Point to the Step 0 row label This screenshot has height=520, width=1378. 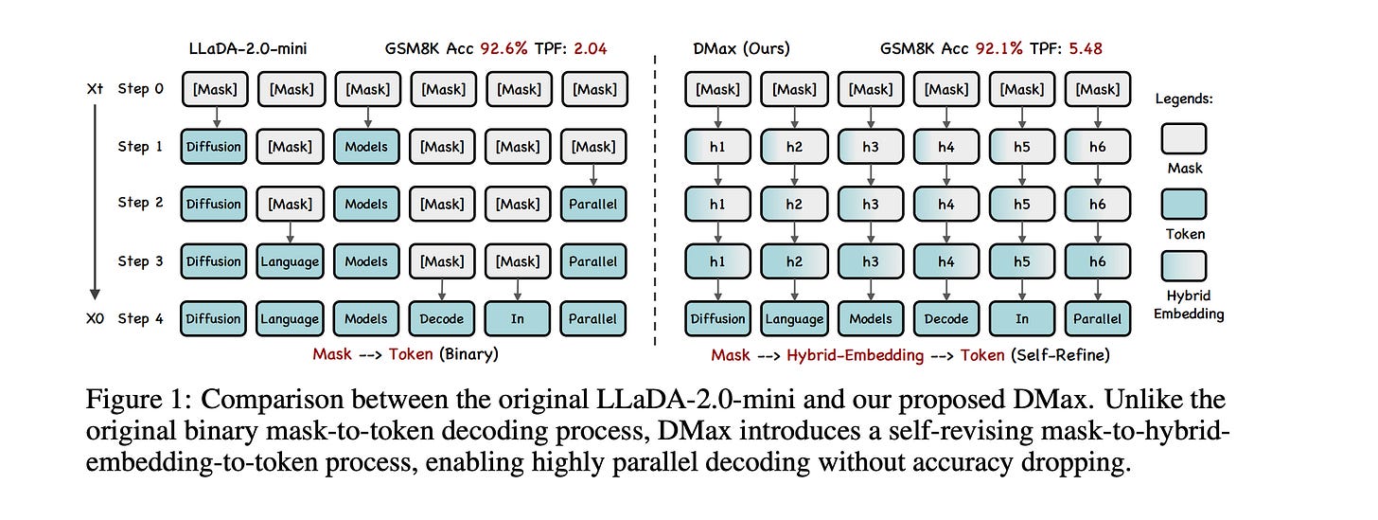(140, 90)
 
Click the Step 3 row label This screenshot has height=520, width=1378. (140, 261)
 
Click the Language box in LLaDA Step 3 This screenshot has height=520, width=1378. (289, 261)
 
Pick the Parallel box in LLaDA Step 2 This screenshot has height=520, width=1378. (593, 205)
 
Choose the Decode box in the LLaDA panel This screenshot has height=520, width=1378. (442, 319)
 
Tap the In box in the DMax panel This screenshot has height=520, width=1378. (1022, 319)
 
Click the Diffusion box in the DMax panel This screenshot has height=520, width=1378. (717, 319)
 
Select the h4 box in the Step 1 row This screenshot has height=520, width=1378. (945, 147)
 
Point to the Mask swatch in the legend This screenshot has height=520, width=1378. (1182, 139)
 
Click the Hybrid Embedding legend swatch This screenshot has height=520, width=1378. (1182, 266)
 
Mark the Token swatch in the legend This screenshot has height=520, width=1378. (1182, 204)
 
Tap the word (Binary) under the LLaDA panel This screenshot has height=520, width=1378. (468, 354)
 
